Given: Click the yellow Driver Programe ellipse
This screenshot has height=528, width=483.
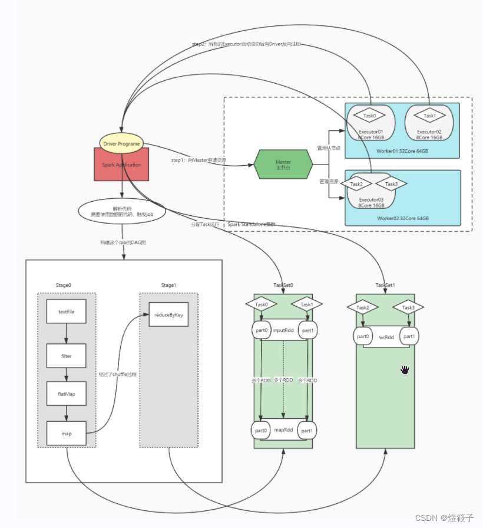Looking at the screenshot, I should point(121,143).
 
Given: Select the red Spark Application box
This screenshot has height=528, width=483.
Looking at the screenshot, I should point(121,165).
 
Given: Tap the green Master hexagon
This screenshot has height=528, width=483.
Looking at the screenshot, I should point(283,165).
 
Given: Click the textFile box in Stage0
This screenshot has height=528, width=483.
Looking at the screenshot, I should point(67,311).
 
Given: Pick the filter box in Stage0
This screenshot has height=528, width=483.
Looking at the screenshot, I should point(67,356).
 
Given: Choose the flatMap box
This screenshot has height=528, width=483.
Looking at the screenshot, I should point(67,393).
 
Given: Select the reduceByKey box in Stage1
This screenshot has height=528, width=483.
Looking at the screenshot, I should point(168,315).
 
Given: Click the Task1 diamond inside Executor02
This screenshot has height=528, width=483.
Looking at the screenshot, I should point(429,116).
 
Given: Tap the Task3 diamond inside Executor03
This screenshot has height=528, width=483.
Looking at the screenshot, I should point(391,184).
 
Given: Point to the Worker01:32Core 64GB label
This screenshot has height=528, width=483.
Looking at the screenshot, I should point(402,150).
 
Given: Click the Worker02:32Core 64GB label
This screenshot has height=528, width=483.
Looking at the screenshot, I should point(403,218).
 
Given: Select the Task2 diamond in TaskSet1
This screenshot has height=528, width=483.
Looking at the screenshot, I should point(362,307).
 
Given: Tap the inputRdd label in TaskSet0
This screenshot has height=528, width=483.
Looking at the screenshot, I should point(283,330).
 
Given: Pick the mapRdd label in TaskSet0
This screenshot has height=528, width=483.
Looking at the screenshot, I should point(283,430).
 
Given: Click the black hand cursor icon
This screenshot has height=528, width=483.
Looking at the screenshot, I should point(405,370).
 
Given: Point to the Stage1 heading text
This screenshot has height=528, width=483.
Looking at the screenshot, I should point(168,285).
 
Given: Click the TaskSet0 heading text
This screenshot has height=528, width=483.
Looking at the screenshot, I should point(283,285).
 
